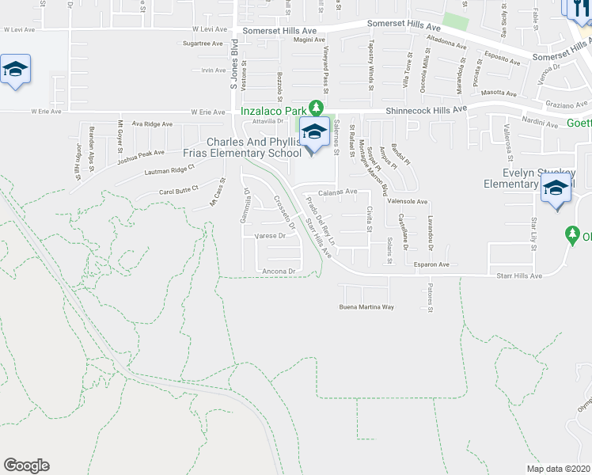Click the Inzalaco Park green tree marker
tap(316, 107)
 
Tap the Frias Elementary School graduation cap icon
tap(314, 133)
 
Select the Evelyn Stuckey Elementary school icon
tap(556, 189)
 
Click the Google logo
tap(26, 465)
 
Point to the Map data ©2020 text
tap(558, 469)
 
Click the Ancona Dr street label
tap(279, 272)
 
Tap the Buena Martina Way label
tap(366, 306)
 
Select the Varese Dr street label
tap(269, 236)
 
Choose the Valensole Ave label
tap(407, 202)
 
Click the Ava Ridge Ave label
tap(152, 124)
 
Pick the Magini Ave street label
tap(309, 39)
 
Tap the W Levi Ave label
tap(21, 29)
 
